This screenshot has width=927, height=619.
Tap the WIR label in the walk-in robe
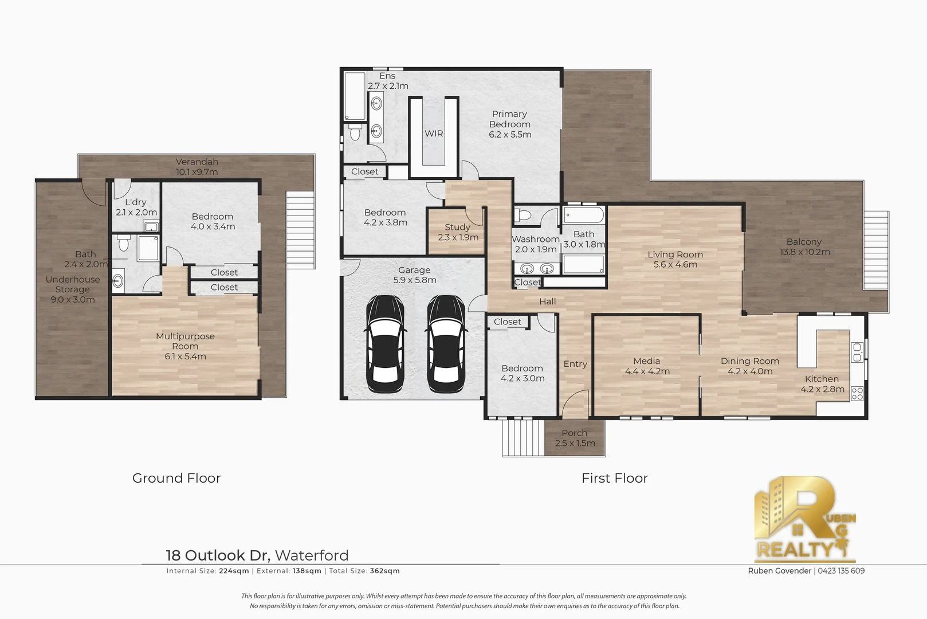pos(434,134)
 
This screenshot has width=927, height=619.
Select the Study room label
pos(457,228)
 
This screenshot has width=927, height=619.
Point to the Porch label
pos(574,433)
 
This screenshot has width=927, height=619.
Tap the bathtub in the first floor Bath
pos(583,216)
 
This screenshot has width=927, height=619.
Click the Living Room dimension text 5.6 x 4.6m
pos(675,265)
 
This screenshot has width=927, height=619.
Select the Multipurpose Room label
pos(185,341)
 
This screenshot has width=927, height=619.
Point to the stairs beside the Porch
pos(522,437)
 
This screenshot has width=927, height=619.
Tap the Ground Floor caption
pos(176,478)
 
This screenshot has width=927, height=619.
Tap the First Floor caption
pos(614,478)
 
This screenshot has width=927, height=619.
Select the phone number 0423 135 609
pos(841,571)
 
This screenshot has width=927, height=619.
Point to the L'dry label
pos(136,202)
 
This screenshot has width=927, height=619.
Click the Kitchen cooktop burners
pos(857,393)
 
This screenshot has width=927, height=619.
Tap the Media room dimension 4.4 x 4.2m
pos(647,371)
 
